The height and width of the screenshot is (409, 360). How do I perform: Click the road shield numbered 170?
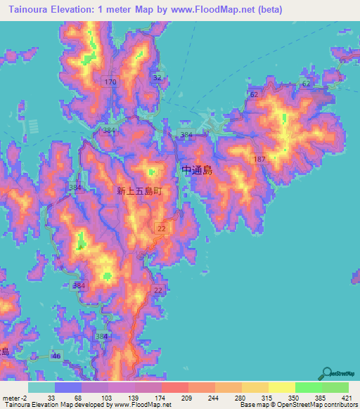109,83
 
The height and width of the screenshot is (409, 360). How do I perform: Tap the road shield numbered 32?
157,77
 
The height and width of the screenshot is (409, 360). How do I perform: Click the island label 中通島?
197,169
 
